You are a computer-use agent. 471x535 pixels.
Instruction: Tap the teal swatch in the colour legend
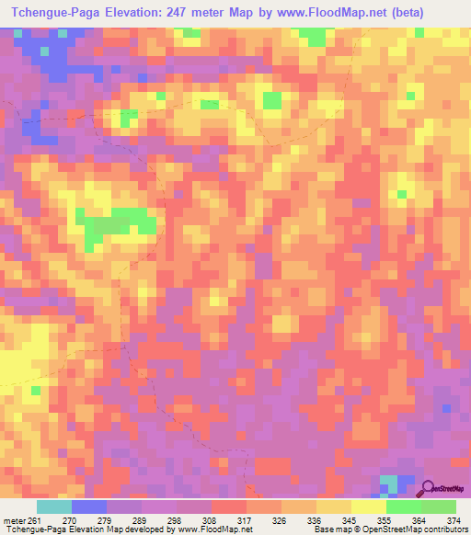(x=53, y=507)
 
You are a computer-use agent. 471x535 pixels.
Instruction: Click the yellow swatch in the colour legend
(x=369, y=507)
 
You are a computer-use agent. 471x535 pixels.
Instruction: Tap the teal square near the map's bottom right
(x=390, y=483)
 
